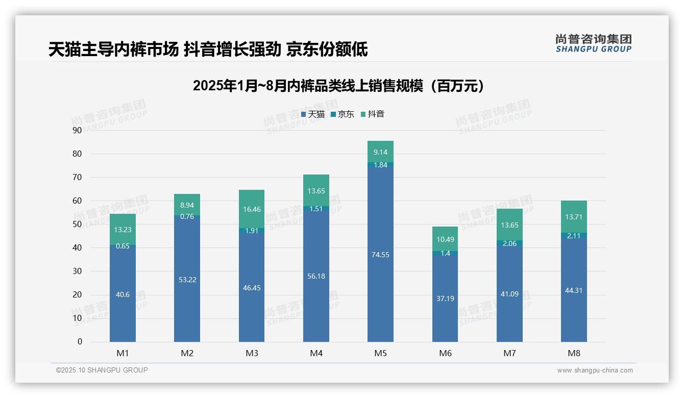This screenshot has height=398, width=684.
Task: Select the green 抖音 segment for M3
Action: pos(252,209)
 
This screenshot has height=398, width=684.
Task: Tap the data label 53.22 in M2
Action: pos(187,279)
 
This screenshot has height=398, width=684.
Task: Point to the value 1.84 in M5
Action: pos(380,165)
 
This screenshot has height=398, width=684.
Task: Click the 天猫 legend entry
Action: pos(312,114)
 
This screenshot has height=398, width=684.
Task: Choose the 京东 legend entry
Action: pos(343,114)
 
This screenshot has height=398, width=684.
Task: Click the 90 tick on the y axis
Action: pos(77,130)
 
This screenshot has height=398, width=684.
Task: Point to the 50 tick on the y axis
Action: pos(77,224)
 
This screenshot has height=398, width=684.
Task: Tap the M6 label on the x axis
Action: pos(445,353)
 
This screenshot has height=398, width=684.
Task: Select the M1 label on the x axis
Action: pos(123,353)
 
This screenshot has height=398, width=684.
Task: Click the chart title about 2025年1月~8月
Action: pos(338,86)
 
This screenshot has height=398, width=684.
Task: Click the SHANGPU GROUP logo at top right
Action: pos(593,43)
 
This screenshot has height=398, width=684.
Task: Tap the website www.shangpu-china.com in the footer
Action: pos(595,370)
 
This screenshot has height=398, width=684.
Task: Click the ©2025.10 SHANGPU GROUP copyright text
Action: pos(102,370)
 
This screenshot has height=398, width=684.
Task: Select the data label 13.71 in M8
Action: pos(574,217)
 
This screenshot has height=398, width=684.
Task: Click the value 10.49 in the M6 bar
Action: pos(445,239)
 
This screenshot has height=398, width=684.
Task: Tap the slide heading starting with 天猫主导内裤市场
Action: pos(208,49)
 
